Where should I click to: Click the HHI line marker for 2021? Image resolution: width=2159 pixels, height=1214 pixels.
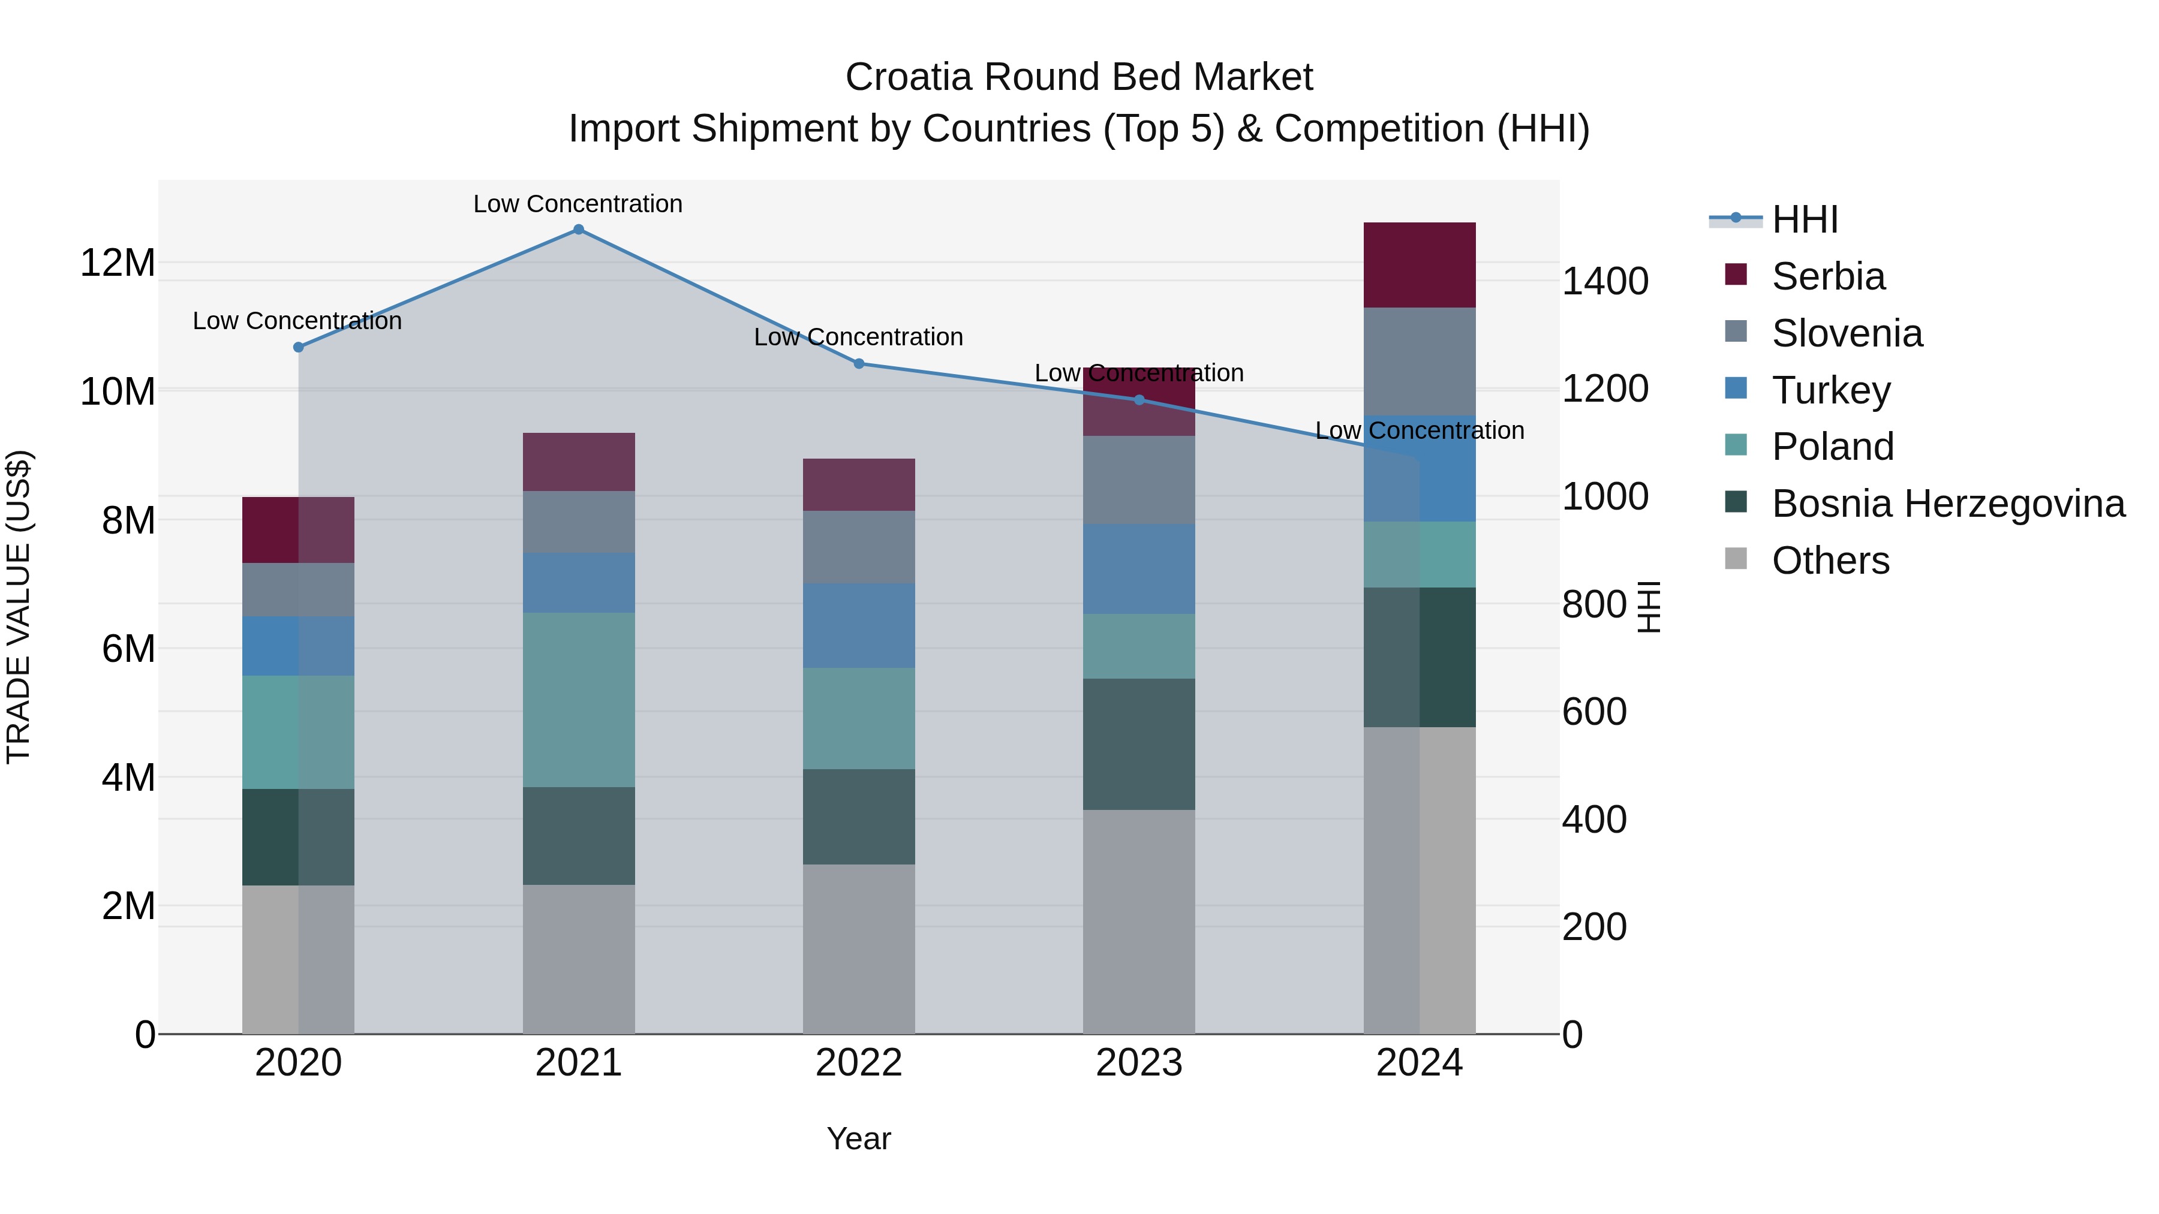578,230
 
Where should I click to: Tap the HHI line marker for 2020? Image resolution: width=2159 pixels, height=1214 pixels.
299,347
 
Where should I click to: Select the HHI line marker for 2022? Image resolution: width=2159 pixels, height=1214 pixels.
859,364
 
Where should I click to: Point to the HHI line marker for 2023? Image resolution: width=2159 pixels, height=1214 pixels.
1139,400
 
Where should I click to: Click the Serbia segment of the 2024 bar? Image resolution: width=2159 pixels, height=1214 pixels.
1419,265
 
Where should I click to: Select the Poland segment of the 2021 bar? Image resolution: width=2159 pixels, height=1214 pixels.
578,700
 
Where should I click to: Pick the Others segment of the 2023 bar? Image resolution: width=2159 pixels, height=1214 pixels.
1139,921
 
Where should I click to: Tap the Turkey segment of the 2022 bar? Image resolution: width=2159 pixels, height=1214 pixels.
859,625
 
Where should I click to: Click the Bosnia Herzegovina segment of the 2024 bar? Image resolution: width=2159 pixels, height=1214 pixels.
1419,657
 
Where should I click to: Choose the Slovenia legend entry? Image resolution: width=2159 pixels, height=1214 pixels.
1847,333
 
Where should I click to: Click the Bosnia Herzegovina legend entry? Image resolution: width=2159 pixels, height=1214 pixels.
1947,504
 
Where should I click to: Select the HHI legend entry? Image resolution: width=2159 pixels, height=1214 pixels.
1805,219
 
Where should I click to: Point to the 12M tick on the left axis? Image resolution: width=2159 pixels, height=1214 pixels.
118,263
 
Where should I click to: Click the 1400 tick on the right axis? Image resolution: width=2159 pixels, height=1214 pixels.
1605,282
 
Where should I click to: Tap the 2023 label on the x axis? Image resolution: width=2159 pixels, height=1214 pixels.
1139,1063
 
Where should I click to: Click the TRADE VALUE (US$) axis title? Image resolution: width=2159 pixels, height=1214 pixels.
19,607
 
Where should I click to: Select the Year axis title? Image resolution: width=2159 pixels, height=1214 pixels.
859,1138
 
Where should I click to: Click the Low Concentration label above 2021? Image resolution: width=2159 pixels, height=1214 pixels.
578,204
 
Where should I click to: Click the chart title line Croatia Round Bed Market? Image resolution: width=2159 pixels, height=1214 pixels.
1079,77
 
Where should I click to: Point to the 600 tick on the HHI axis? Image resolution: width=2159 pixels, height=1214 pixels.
1594,711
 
